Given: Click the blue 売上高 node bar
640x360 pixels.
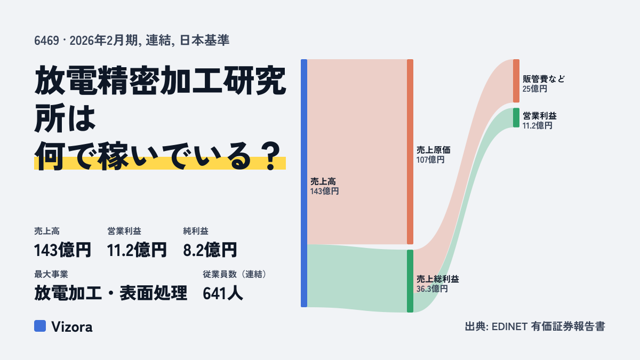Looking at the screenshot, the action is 304,183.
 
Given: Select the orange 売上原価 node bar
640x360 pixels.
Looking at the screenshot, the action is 410,151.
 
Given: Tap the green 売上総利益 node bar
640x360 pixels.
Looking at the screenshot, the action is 410,281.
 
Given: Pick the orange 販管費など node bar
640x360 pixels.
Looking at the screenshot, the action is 516,81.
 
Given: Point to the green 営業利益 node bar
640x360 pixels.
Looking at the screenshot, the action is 516,118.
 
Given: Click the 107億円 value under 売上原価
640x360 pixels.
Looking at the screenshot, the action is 430,159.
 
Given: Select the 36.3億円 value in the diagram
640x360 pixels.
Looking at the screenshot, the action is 432,289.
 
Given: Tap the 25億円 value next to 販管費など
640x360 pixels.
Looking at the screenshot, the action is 535,89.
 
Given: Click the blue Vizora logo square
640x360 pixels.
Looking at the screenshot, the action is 40,326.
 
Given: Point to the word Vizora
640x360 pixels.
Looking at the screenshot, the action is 72,327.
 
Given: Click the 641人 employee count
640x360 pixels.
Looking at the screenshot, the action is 223,293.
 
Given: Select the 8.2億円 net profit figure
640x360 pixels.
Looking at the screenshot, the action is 210,250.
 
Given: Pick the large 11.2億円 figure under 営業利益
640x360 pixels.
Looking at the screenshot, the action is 137,250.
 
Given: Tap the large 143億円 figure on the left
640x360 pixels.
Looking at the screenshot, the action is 62,250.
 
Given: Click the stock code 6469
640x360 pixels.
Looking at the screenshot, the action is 46,41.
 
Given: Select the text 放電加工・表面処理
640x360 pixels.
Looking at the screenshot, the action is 111,293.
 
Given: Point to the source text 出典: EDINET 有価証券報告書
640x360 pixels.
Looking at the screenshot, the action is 535,326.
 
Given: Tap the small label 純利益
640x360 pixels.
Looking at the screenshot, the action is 196,231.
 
